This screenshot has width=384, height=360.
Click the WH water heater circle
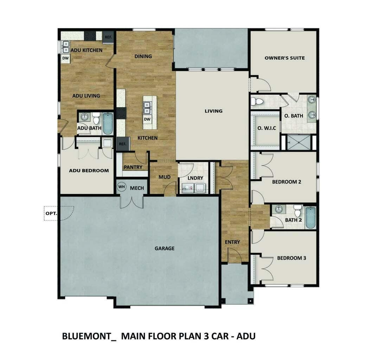point(121,187)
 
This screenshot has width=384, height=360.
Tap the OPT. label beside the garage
point(51,213)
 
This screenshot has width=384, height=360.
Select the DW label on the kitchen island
point(147,120)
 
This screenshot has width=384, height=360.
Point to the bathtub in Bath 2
point(310,217)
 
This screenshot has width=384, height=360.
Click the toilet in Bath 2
point(297,211)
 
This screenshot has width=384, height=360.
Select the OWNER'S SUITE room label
point(284,58)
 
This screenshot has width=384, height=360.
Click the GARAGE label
point(165,249)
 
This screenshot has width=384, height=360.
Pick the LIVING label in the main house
point(213,111)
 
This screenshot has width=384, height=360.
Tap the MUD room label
point(164,177)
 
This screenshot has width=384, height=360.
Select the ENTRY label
point(232,242)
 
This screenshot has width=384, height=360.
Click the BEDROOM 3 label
point(292,258)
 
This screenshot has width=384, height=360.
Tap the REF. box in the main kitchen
point(122,144)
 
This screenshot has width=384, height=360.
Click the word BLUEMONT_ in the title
point(89,336)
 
